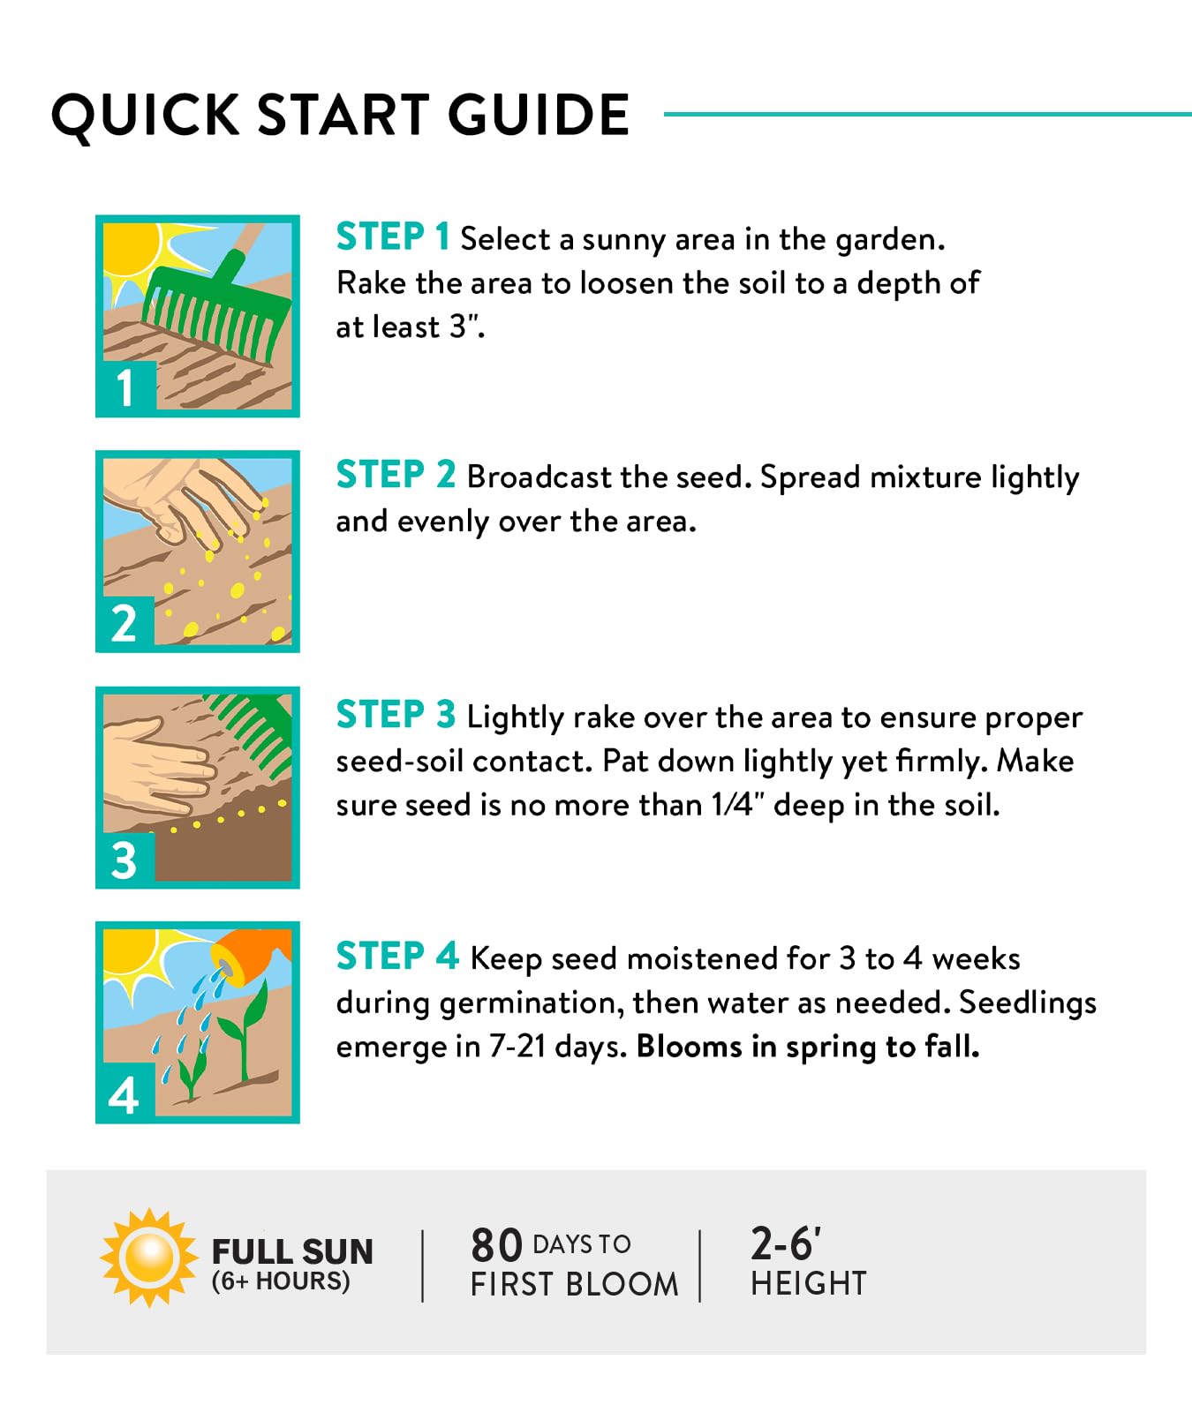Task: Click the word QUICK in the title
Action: (x=146, y=116)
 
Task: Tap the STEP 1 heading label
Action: (x=393, y=237)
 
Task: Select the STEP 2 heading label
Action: (x=396, y=475)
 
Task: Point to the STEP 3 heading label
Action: (x=396, y=715)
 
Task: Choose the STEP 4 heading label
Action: (x=397, y=956)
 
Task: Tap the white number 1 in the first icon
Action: (x=125, y=387)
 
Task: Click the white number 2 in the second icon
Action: (x=124, y=623)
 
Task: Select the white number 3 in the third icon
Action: (x=124, y=860)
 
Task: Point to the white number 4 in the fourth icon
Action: (x=124, y=1096)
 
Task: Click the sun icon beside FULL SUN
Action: (x=149, y=1258)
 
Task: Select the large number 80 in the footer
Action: (x=497, y=1245)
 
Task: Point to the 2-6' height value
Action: (x=786, y=1243)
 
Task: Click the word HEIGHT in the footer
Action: (x=809, y=1283)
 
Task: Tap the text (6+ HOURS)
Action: (x=281, y=1281)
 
